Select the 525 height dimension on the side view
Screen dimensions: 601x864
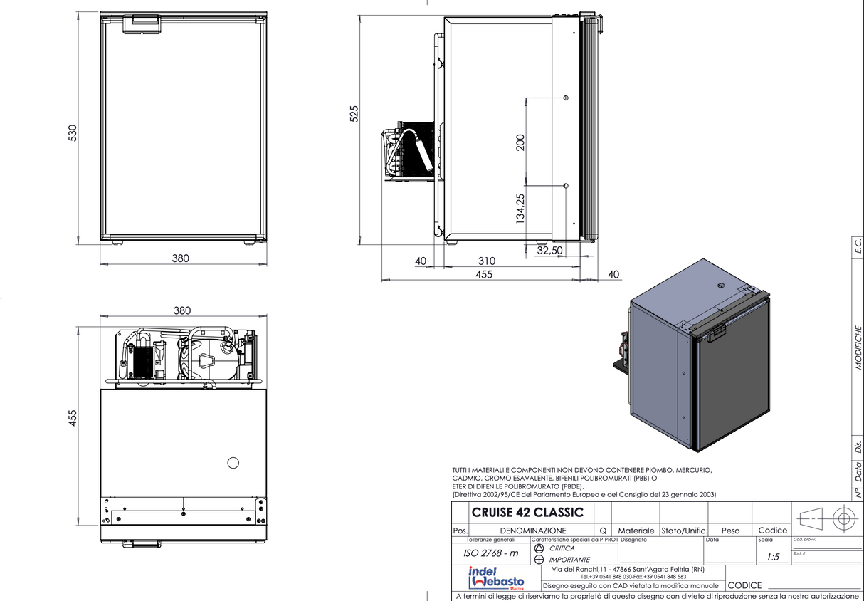(354, 114)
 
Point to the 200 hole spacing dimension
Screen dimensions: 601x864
(520, 142)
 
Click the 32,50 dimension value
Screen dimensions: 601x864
(549, 251)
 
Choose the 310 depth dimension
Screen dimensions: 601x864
(487, 261)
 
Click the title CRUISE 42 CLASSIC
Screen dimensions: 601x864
(527, 512)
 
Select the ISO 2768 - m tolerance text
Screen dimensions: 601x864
(490, 553)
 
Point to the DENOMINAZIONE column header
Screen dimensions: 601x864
(533, 531)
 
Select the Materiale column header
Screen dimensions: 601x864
(636, 531)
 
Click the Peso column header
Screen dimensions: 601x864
(730, 531)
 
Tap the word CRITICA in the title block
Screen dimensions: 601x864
(562, 548)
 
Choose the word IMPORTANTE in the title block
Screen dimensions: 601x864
(569, 560)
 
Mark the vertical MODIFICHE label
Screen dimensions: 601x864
(858, 348)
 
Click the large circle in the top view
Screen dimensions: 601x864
(233, 463)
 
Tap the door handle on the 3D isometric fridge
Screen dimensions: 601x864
(716, 332)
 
